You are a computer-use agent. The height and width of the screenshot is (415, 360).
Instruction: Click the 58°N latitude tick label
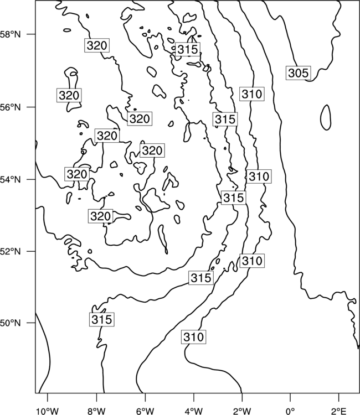tap(10, 35)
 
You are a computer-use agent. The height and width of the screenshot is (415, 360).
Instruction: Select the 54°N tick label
tap(10, 180)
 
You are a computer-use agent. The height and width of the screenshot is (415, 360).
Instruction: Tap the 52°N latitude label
tap(10, 251)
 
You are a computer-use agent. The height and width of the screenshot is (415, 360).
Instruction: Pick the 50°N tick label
tap(10, 323)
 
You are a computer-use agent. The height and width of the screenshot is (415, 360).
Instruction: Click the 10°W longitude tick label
tap(47, 411)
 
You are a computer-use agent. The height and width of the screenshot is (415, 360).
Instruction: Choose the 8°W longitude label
tap(96, 411)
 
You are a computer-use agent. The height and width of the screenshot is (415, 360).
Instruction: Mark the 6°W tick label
tap(145, 411)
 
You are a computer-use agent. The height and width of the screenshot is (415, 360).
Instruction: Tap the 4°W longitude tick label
tap(193, 411)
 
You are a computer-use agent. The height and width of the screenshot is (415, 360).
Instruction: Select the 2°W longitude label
tap(242, 411)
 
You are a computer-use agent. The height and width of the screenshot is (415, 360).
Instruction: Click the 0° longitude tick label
tap(290, 411)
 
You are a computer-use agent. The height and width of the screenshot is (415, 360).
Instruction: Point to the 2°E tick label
tap(339, 411)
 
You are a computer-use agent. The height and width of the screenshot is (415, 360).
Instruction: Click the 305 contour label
tap(299, 73)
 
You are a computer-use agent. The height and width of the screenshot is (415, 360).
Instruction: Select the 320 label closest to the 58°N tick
tap(97, 45)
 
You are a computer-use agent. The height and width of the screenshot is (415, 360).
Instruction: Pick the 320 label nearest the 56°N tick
tap(69, 95)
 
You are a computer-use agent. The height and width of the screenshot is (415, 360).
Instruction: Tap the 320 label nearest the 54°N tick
tap(77, 174)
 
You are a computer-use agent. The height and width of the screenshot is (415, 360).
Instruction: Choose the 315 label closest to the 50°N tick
tap(102, 319)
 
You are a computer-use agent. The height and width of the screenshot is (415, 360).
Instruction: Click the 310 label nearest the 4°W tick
tap(194, 337)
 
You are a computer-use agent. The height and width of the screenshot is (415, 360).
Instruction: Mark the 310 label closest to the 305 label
tap(251, 94)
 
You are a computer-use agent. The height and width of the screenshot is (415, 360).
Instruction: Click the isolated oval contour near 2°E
tap(326, 117)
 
